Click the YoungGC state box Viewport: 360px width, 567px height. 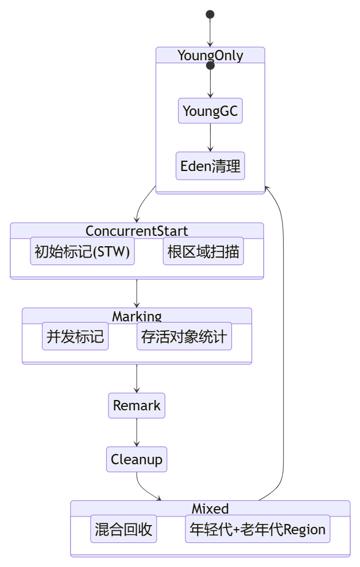210,111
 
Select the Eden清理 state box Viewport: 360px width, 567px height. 210,166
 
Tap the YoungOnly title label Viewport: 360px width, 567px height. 210,56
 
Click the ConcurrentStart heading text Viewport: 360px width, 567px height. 137,231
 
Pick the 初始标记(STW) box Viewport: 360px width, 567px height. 82,251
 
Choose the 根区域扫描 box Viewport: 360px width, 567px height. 203,251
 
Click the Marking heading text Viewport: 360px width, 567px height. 137,316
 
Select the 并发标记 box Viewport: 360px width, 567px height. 75,336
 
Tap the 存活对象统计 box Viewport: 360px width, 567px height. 184,336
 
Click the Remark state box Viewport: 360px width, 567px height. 137,406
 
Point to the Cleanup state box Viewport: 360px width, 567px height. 137,460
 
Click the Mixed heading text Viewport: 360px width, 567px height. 210,508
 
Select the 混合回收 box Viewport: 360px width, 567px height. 123,529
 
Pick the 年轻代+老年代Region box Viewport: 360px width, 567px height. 258,529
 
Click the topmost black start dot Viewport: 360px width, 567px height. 210,14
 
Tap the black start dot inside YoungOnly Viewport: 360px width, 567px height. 210,66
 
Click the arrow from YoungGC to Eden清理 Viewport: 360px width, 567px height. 210,138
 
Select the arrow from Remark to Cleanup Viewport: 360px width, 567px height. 137,433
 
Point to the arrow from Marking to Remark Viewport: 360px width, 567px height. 137,379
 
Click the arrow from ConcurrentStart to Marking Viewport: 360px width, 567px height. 137,294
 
